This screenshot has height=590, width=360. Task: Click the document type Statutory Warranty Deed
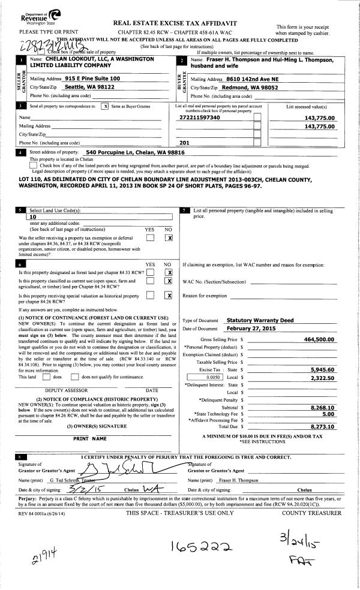(260, 321)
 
